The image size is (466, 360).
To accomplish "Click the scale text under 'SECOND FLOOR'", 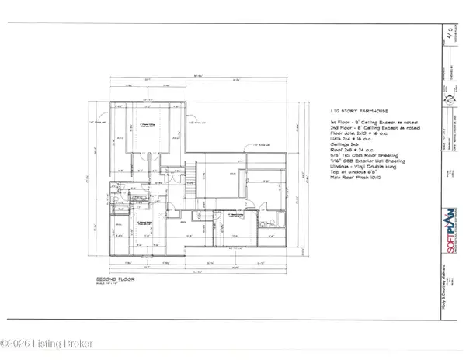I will click(111, 283).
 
